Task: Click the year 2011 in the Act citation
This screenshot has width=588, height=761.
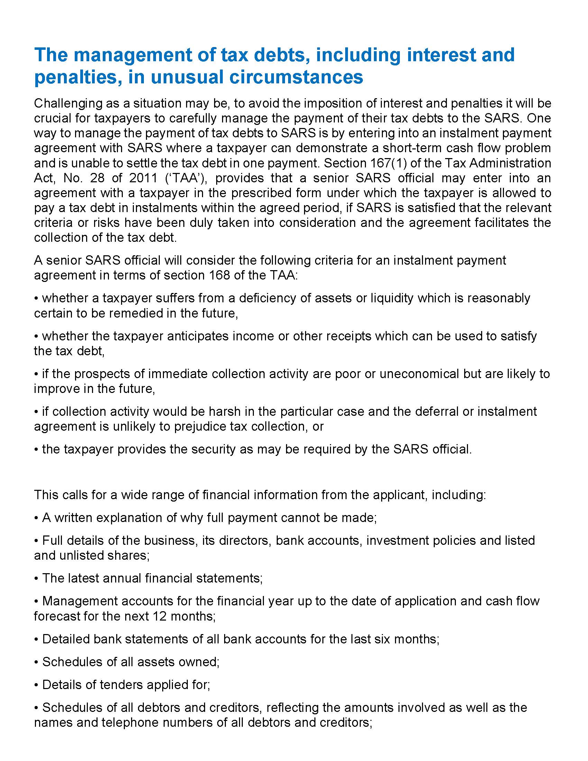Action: click(143, 178)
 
